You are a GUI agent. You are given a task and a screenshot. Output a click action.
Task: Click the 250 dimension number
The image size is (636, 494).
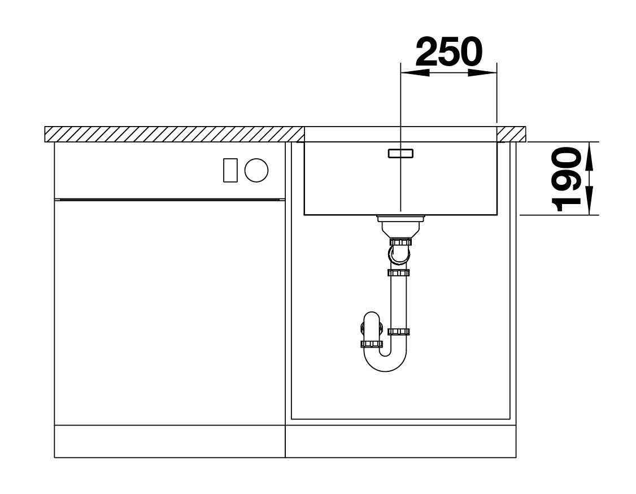(x=450, y=51)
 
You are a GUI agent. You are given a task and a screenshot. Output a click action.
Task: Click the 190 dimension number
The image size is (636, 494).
(x=567, y=179)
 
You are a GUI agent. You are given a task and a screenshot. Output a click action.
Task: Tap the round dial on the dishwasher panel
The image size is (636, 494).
(x=256, y=170)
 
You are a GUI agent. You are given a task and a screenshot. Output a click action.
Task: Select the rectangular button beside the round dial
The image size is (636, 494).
(x=230, y=170)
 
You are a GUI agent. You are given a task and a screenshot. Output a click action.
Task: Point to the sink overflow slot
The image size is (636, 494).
(x=400, y=153)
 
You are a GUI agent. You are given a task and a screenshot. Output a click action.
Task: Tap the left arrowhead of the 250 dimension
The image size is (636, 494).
(x=415, y=73)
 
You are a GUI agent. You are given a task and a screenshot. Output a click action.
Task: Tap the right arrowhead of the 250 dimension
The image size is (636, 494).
(x=482, y=73)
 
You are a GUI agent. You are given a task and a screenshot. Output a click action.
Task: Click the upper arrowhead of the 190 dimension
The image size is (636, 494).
(x=590, y=156)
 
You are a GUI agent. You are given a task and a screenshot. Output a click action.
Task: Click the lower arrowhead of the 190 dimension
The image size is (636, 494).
(x=590, y=201)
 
